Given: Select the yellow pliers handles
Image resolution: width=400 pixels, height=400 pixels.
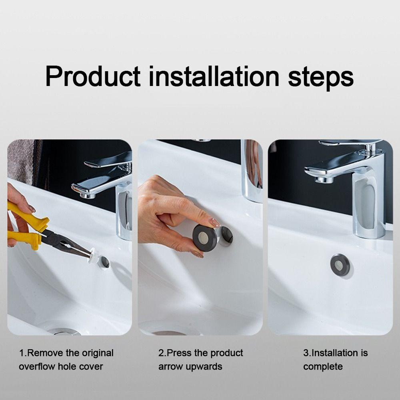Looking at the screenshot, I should [x=26, y=228].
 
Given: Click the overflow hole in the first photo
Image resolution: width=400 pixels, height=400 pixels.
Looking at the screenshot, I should [x=105, y=262].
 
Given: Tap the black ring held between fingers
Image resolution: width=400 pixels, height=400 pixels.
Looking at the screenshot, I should [x=205, y=238].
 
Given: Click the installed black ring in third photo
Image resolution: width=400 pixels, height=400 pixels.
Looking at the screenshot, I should [x=340, y=265].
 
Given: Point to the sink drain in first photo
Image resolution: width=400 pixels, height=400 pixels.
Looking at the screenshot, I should [x=64, y=332].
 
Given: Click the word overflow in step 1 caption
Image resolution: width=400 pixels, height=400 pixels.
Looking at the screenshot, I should [x=38, y=366].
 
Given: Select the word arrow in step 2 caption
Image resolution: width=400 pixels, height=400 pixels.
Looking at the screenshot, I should [x=170, y=366].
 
